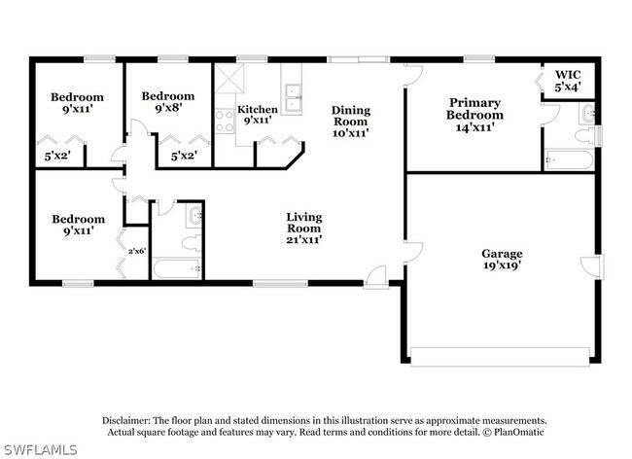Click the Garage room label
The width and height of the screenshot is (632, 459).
(502, 259)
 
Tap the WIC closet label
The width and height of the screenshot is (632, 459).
(568, 81)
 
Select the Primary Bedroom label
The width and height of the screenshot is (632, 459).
(474, 115)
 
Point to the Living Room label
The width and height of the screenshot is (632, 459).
(304, 229)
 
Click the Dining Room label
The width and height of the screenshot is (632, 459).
(351, 122)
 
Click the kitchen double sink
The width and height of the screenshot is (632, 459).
(293, 98)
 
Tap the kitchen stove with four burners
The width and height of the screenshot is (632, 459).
(225, 122)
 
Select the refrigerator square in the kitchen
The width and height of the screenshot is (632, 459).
(229, 78)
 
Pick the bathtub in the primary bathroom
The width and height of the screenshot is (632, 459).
(569, 160)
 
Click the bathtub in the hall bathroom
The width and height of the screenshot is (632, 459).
(177, 268)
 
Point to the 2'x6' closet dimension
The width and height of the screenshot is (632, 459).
(137, 251)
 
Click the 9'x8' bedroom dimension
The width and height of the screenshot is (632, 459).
(167, 108)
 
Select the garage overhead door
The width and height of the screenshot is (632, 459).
(500, 357)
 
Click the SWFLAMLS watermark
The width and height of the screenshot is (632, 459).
(39, 449)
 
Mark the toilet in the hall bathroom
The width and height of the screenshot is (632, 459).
(191, 243)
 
